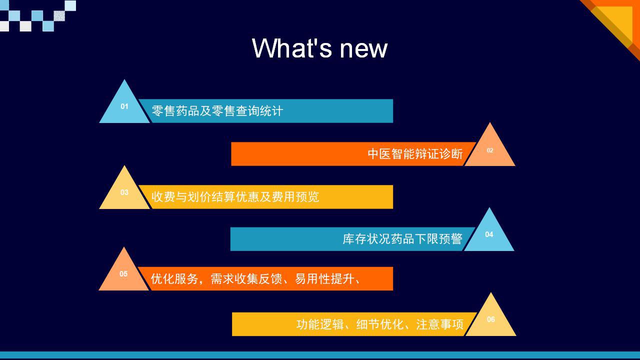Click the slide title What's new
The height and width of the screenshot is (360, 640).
[319, 48]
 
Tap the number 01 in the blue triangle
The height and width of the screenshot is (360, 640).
[124, 106]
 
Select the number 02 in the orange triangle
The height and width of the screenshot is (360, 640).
[490, 150]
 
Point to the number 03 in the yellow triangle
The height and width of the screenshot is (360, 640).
[124, 192]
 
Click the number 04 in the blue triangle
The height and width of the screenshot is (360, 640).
[489, 234]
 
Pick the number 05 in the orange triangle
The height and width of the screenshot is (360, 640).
[123, 273]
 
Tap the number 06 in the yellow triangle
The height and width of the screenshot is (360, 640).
[491, 319]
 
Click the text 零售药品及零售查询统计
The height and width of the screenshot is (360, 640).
[217, 111]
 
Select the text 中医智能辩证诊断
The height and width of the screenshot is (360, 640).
[415, 153]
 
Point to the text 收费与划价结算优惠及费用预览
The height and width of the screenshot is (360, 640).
[235, 197]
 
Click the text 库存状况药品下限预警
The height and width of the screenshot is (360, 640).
[402, 239]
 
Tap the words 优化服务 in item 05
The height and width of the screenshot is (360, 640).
[174, 278]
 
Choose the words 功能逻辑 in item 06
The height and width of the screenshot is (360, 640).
[320, 324]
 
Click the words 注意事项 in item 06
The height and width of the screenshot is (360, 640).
[439, 324]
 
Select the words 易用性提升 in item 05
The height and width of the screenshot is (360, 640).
[324, 278]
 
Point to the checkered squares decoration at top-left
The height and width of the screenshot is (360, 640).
[38, 15]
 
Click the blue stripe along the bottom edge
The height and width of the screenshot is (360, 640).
[320, 355]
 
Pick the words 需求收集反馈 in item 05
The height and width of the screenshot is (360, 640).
[246, 278]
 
